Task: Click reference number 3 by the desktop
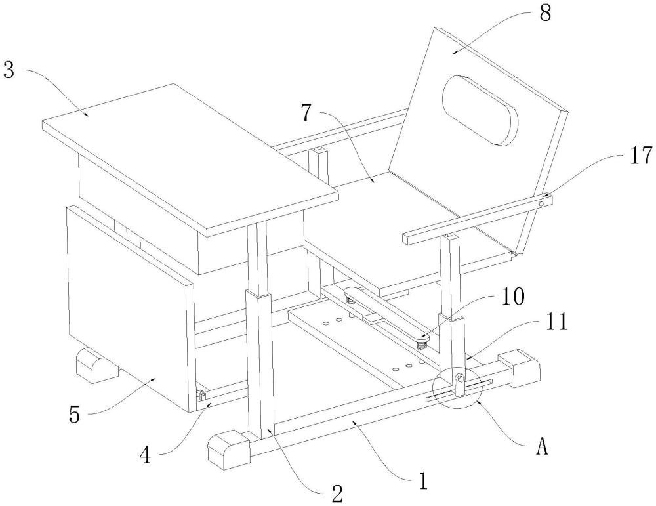(9, 70)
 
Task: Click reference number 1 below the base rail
(423, 481)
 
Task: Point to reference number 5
(74, 414)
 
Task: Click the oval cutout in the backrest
(480, 110)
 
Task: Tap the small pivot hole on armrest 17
(541, 203)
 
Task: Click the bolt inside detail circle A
(461, 379)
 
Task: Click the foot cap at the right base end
(519, 368)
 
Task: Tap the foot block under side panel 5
(97, 364)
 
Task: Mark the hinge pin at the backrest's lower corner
(516, 253)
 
